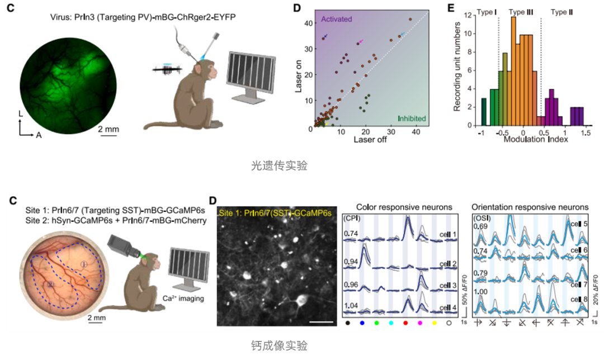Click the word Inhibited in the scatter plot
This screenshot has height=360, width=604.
(412, 119)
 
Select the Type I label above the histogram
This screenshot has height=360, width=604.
(487, 12)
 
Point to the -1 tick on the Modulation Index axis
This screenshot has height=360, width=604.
(480, 134)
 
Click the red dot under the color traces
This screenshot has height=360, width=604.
(405, 323)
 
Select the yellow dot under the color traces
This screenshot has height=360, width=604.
(434, 323)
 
